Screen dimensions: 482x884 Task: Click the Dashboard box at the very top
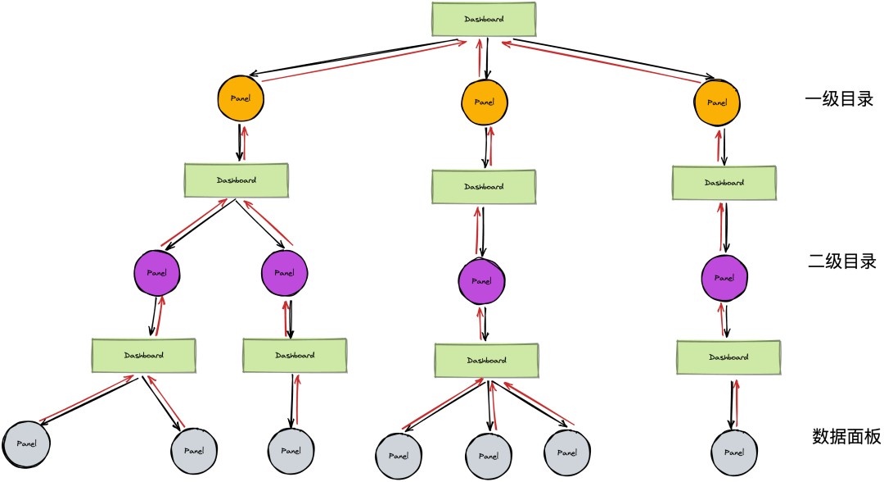[484, 19]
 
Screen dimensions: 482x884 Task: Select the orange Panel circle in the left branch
[241, 98]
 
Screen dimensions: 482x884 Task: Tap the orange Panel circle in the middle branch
[484, 102]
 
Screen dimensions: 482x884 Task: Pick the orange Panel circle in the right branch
[717, 102]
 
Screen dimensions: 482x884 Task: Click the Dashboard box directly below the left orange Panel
[236, 180]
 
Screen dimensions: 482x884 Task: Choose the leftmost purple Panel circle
[156, 273]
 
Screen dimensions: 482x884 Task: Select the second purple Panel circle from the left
[284, 273]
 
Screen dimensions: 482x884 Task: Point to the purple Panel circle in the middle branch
[481, 281]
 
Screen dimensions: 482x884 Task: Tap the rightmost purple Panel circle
[724, 278]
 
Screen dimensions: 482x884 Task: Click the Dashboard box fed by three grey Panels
[486, 360]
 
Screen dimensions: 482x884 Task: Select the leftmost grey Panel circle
[26, 443]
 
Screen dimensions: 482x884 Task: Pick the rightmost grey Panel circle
[733, 452]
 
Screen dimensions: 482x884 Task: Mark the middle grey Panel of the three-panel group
[488, 457]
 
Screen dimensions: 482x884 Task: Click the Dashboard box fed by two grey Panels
[143, 355]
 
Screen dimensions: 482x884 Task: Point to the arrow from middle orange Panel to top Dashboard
[480, 59]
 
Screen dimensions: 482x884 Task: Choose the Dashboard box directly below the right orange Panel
[724, 183]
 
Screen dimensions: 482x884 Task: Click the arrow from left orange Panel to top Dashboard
[364, 61]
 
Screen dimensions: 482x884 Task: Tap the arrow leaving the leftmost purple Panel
[194, 222]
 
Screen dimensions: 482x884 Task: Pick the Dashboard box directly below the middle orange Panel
[484, 187]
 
